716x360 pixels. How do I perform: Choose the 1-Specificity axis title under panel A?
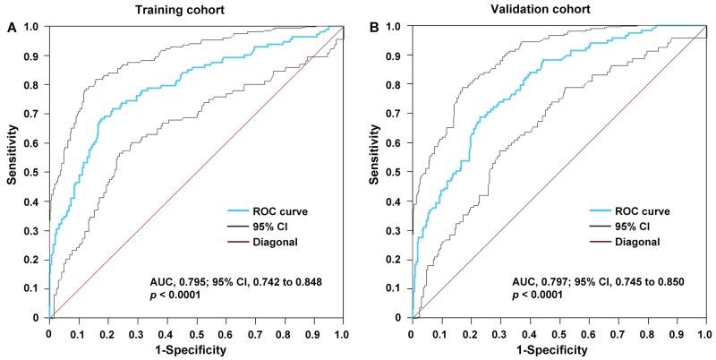click(x=195, y=349)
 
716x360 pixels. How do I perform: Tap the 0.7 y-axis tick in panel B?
click(x=398, y=114)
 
